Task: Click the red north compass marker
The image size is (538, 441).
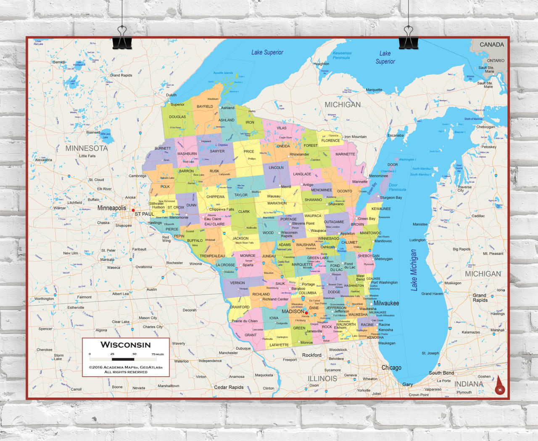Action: point(500,386)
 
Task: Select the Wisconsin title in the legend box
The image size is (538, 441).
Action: point(125,345)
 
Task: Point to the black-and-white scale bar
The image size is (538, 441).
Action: point(123,359)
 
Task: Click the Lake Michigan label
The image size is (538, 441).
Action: point(414,270)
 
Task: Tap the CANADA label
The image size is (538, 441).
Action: point(491,45)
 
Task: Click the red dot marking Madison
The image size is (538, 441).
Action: point(306,313)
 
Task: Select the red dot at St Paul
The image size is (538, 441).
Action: point(133,210)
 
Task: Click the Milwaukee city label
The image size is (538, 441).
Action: point(386,303)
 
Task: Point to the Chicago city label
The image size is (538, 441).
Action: point(391,367)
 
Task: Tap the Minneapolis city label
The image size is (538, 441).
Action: point(111,208)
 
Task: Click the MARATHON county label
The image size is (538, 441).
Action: point(277,203)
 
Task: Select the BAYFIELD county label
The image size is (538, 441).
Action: point(205,106)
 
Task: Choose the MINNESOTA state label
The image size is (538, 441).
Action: point(86,148)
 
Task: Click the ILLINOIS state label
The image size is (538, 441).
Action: point(322,378)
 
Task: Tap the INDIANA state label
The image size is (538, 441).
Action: point(469,384)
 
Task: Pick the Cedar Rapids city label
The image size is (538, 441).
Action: point(229,387)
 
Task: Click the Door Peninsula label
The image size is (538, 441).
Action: point(397,187)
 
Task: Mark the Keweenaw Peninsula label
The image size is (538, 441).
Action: point(342,55)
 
